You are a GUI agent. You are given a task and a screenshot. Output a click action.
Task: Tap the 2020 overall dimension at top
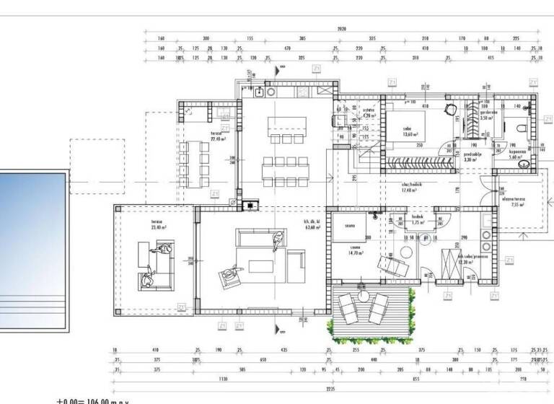341,30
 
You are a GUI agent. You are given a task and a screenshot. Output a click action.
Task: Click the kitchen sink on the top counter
259,92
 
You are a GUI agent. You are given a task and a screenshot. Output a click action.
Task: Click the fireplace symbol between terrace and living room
250,203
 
